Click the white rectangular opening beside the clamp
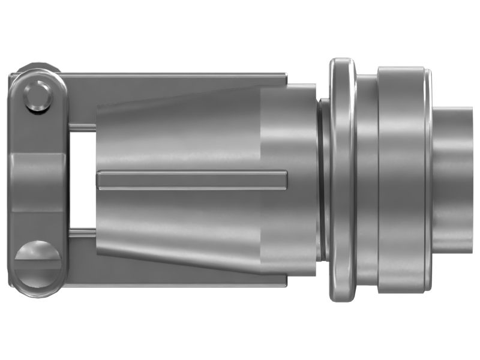82,180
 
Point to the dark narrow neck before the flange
324,180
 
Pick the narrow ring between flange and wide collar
367,180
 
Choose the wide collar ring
401,180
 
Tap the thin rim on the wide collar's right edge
428,180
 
